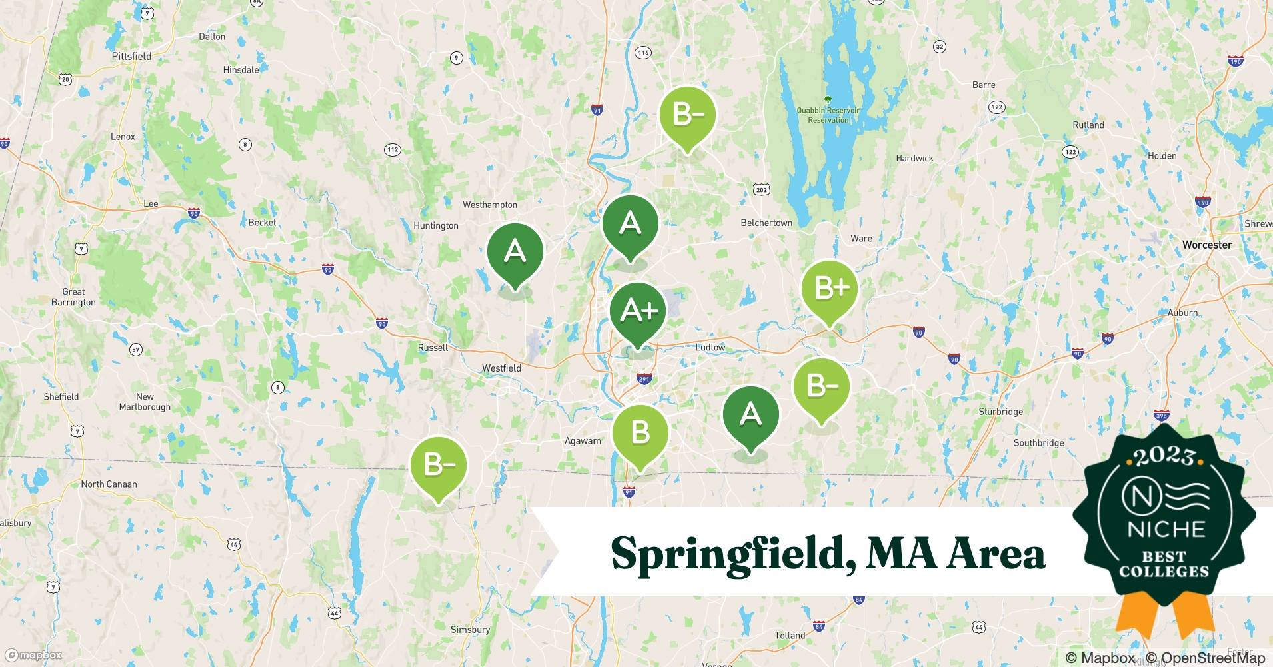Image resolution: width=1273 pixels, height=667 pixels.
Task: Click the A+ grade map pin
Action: pyautogui.click(x=638, y=311)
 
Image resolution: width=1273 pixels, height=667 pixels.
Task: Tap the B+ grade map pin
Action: pyautogui.click(x=829, y=289)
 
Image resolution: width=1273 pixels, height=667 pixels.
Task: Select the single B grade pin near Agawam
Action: pyautogui.click(x=640, y=434)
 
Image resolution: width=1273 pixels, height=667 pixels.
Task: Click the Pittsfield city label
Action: pyautogui.click(x=131, y=57)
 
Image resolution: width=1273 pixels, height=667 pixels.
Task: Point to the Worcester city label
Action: pyautogui.click(x=1206, y=245)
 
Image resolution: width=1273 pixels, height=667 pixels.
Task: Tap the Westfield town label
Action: pyautogui.click(x=501, y=368)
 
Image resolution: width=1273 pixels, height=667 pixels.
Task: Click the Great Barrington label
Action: pyautogui.click(x=73, y=297)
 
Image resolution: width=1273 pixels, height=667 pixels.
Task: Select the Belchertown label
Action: pyautogui.click(x=766, y=223)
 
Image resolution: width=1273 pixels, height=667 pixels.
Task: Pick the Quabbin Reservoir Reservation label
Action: pyautogui.click(x=828, y=115)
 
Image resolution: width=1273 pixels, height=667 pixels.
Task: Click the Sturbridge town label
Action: pyautogui.click(x=1000, y=412)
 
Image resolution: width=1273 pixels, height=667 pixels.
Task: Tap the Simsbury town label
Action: pyautogui.click(x=470, y=630)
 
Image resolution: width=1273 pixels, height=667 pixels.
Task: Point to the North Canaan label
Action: pyautogui.click(x=109, y=484)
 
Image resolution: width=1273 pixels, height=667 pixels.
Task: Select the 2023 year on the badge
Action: pyautogui.click(x=1165, y=456)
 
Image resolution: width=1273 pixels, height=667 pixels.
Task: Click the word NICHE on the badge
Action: pyautogui.click(x=1166, y=530)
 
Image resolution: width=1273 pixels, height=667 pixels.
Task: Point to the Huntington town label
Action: pyautogui.click(x=436, y=225)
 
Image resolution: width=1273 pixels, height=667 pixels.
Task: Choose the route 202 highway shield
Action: pyautogui.click(x=762, y=190)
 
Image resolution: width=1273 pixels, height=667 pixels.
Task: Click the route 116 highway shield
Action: pyautogui.click(x=642, y=53)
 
